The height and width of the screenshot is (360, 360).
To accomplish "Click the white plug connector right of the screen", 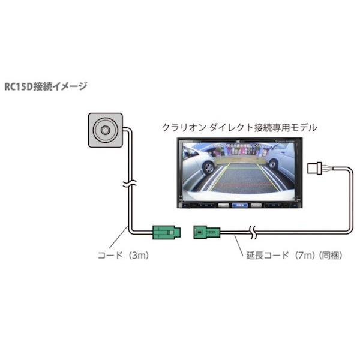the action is point(316,167).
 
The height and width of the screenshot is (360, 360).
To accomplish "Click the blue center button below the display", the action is point(241,204).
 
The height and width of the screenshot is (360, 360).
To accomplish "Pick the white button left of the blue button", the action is point(223,204).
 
